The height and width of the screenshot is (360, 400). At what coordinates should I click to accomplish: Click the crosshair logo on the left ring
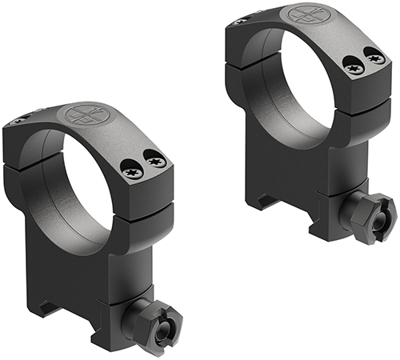tap(80, 114)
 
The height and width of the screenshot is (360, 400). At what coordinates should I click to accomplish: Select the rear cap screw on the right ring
tap(240, 22)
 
